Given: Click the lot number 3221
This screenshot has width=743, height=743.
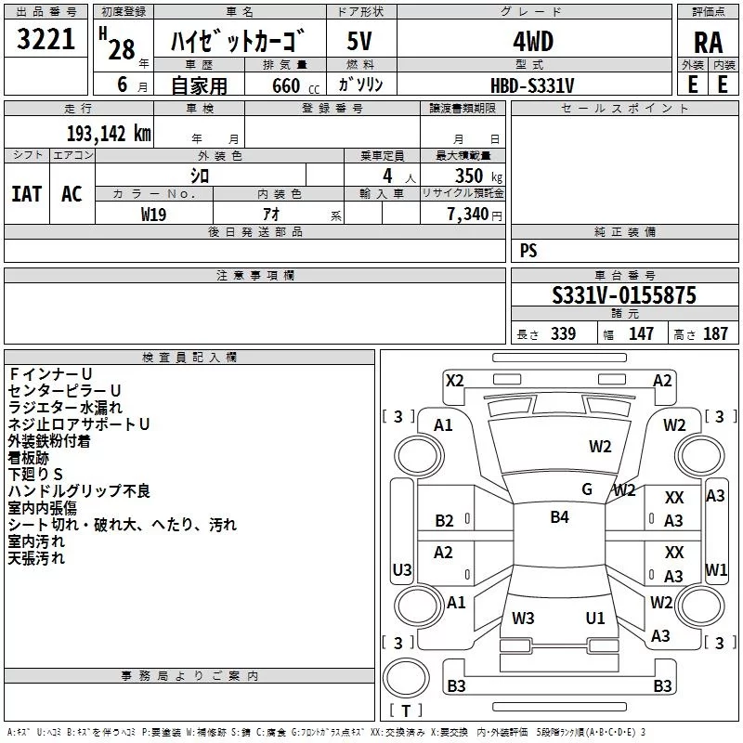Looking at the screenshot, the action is pyautogui.click(x=46, y=38).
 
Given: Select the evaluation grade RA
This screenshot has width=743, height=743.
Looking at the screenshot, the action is pyautogui.click(x=708, y=43).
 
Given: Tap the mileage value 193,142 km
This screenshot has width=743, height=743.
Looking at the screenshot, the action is pyautogui.click(x=109, y=134).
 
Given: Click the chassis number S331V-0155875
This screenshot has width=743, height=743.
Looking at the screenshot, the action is pyautogui.click(x=624, y=294).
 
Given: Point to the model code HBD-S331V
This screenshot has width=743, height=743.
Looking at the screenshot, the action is pyautogui.click(x=532, y=85).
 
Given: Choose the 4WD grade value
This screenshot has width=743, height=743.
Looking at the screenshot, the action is pyautogui.click(x=533, y=42).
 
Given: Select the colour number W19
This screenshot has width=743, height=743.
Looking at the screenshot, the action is pyautogui.click(x=153, y=215).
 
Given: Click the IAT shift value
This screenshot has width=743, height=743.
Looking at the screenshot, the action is pyautogui.click(x=27, y=194).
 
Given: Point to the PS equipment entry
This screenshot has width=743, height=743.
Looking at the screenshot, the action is pyautogui.click(x=528, y=250).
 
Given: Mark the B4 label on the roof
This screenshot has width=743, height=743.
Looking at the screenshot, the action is pyautogui.click(x=560, y=517).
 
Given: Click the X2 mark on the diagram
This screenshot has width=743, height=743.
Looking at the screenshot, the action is pyautogui.click(x=454, y=381).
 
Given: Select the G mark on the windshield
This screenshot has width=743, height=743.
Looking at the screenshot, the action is pyautogui.click(x=587, y=489).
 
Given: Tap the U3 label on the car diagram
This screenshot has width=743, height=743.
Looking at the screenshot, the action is pyautogui.click(x=402, y=569).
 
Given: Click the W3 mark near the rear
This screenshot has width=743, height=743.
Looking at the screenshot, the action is pyautogui.click(x=523, y=618).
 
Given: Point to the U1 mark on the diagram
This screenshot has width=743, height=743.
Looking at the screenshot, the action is pyautogui.click(x=595, y=618).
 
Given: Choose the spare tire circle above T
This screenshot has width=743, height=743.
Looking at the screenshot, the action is pyautogui.click(x=406, y=678).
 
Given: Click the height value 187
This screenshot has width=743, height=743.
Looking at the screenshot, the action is pyautogui.click(x=715, y=333).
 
